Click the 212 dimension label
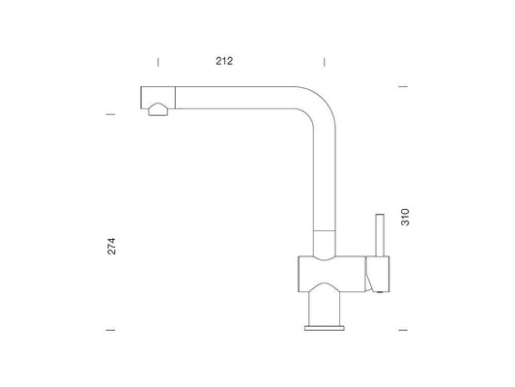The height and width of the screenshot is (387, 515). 224,61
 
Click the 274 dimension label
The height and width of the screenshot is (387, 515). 112,246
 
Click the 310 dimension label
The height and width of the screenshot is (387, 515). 405,217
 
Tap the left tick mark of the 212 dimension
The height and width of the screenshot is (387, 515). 158,62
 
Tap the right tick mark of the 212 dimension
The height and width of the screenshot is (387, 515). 325,62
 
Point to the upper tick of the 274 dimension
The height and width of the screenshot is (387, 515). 110,114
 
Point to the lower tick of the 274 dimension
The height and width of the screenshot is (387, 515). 110,330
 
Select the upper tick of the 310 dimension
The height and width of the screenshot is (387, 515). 403,86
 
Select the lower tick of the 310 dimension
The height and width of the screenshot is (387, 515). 403,330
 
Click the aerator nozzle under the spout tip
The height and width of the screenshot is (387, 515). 159,109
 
